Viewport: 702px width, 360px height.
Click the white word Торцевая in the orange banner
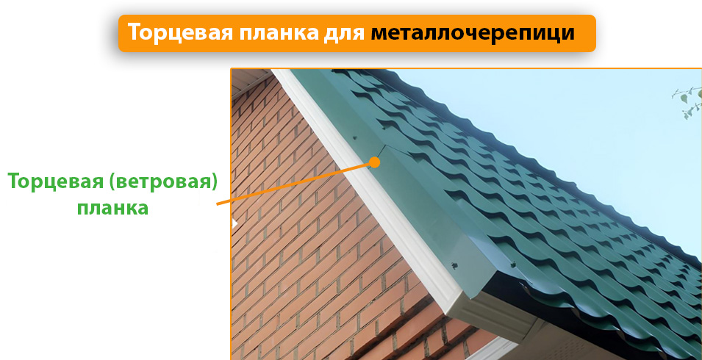pos(173,33)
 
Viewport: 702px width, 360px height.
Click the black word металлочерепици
pos(472,33)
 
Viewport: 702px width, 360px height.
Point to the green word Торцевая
pos(54,181)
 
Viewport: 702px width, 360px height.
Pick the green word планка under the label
pos(112,208)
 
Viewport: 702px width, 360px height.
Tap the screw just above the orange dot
pos(356,137)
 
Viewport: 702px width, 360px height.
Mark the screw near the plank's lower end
pos(455,263)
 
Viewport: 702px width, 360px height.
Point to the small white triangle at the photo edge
pos(234,223)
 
